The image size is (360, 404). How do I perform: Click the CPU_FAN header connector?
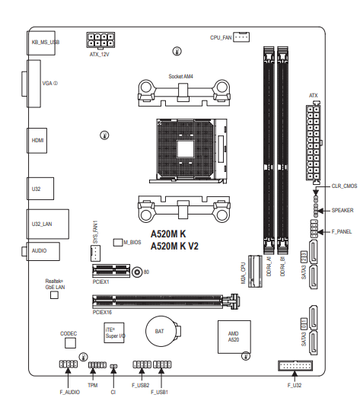tap(241, 37)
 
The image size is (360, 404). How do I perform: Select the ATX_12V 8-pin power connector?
tap(100, 40)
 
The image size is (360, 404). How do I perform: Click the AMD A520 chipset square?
tap(234, 337)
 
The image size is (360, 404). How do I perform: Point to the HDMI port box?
tap(37, 141)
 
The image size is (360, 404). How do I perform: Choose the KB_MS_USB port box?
tap(41, 43)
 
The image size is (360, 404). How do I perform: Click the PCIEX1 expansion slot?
tap(111, 271)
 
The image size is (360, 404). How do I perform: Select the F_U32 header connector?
tap(295, 366)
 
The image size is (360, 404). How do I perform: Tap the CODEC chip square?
tap(70, 343)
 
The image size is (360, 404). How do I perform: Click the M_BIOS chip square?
tap(118, 242)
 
